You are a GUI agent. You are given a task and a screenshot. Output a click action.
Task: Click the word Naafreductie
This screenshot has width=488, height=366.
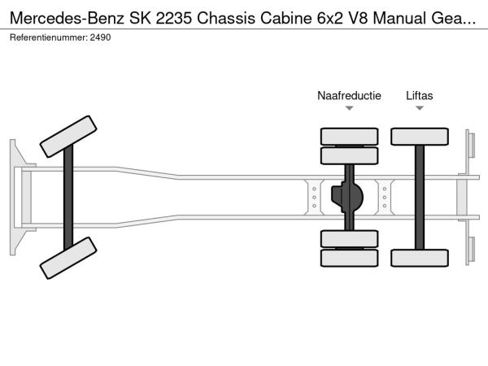tap(349, 95)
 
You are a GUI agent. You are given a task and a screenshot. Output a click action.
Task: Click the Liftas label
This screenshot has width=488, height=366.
tap(419, 95)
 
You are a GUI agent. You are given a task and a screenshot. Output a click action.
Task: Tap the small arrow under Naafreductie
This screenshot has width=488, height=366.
tap(350, 108)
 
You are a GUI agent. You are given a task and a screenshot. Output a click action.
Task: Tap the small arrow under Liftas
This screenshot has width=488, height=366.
tap(420, 108)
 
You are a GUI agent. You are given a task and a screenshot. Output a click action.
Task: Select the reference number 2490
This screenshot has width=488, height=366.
tap(100, 37)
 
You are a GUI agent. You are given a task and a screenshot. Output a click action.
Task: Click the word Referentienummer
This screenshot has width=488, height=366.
tap(49, 37)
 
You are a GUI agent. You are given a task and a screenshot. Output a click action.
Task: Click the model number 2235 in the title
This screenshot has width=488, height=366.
tap(174, 18)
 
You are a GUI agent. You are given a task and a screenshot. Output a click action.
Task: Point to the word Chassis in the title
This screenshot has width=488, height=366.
tap(226, 18)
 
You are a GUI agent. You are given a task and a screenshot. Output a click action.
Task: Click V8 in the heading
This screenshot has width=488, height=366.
tap(358, 18)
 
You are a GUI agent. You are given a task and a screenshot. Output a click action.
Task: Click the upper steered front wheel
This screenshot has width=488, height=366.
tap(68, 137)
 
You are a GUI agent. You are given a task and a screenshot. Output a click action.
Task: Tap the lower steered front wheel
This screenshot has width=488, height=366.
tap(68, 258)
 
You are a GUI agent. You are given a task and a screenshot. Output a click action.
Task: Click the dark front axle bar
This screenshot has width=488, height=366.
tap(68, 198)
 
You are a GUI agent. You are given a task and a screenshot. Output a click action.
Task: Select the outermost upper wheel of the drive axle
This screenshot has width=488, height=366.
tap(349, 137)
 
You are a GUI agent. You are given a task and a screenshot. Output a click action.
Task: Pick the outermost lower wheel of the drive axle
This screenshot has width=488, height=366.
tap(349, 258)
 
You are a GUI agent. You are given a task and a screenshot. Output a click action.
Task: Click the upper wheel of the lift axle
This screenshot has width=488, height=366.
tap(420, 137)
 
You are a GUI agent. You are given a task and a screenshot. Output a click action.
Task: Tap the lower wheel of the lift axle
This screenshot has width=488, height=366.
tap(420, 258)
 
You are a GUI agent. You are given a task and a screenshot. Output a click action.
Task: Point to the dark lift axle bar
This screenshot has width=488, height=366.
tap(420, 198)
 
